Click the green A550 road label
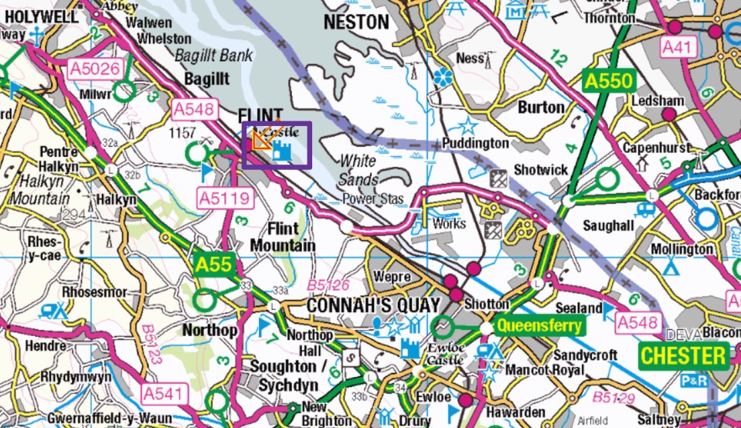[609, 81]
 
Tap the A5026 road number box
[95, 70]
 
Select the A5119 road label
[226, 198]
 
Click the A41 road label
[679, 48]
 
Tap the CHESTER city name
[685, 356]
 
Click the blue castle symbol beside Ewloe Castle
[410, 348]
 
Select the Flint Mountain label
[291, 237]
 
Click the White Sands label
[359, 171]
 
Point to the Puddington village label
[475, 144]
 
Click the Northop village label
[209, 330]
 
